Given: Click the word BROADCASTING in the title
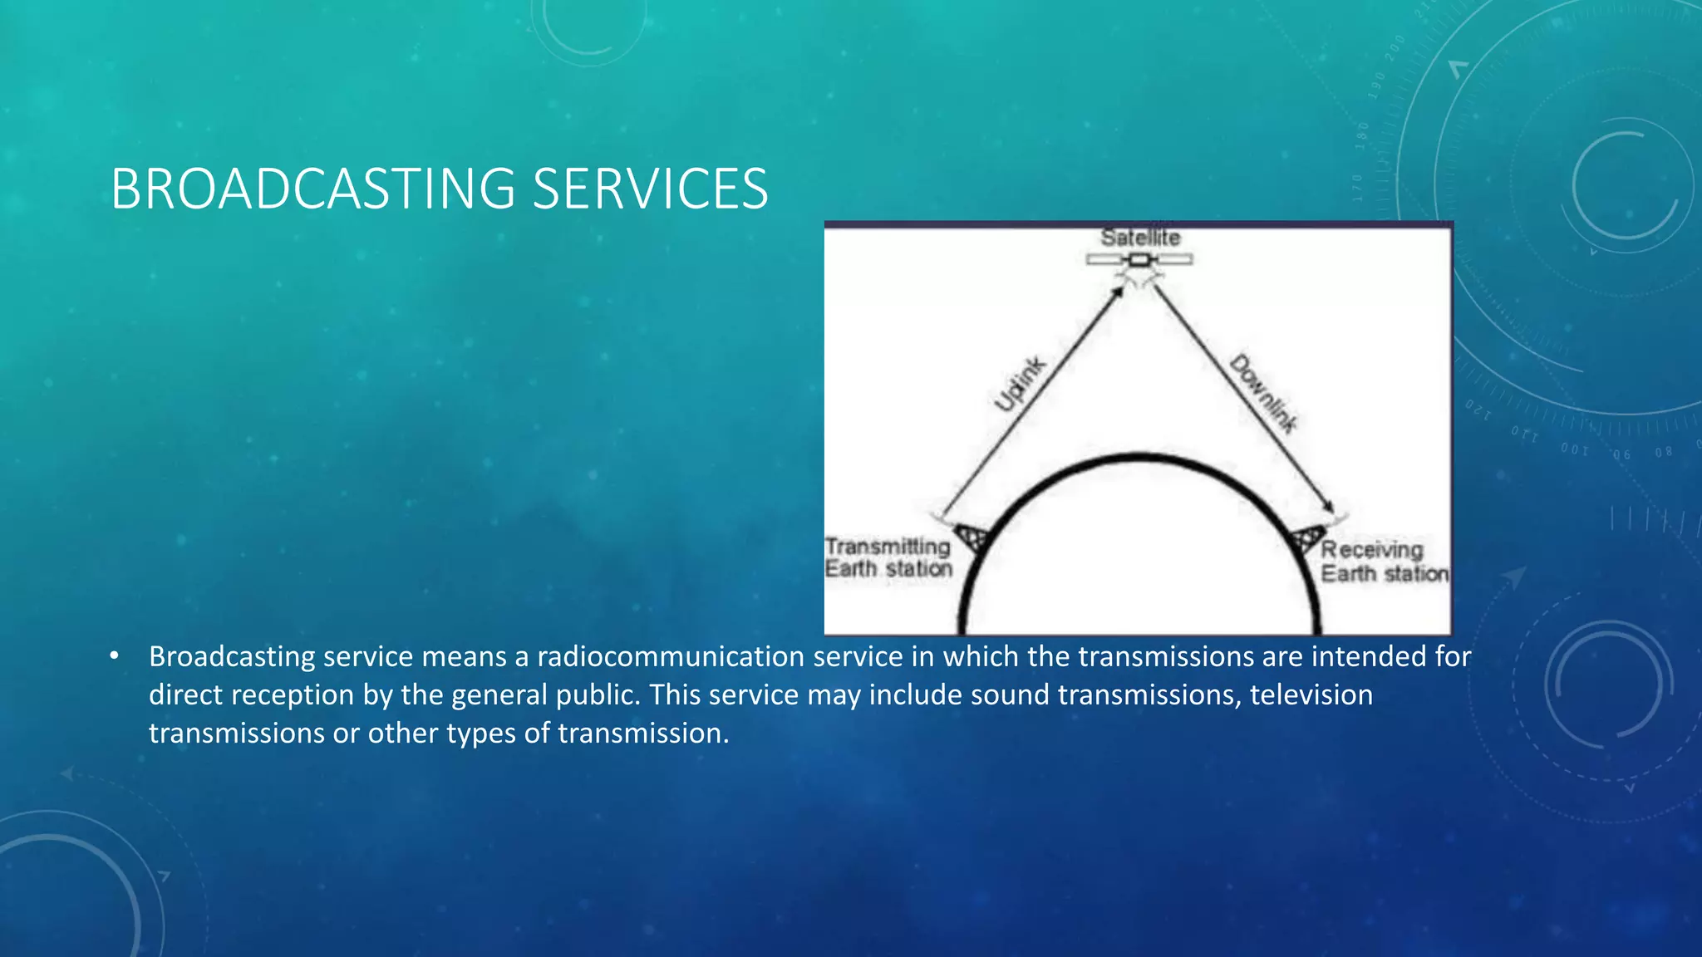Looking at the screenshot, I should [x=312, y=189].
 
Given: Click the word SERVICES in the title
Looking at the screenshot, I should [x=650, y=189].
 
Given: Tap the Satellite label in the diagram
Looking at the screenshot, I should [x=1140, y=238].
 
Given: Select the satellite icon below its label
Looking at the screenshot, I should [x=1139, y=261].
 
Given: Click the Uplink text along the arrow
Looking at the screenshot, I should [x=1020, y=384].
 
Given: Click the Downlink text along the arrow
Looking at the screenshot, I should [x=1262, y=393].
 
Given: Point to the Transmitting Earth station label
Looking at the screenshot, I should [x=888, y=557].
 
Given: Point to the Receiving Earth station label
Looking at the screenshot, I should [x=1384, y=562].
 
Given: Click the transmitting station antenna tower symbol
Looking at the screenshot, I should [x=969, y=537].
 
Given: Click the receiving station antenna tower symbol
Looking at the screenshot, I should [x=1310, y=538].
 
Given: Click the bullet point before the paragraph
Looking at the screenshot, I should [x=114, y=656].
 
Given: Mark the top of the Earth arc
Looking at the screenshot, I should [x=1140, y=458].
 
